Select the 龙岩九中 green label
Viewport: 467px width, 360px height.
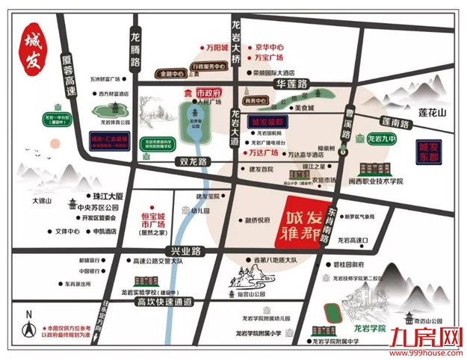(x=383, y=139)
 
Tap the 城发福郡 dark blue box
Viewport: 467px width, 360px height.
(x=268, y=121)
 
